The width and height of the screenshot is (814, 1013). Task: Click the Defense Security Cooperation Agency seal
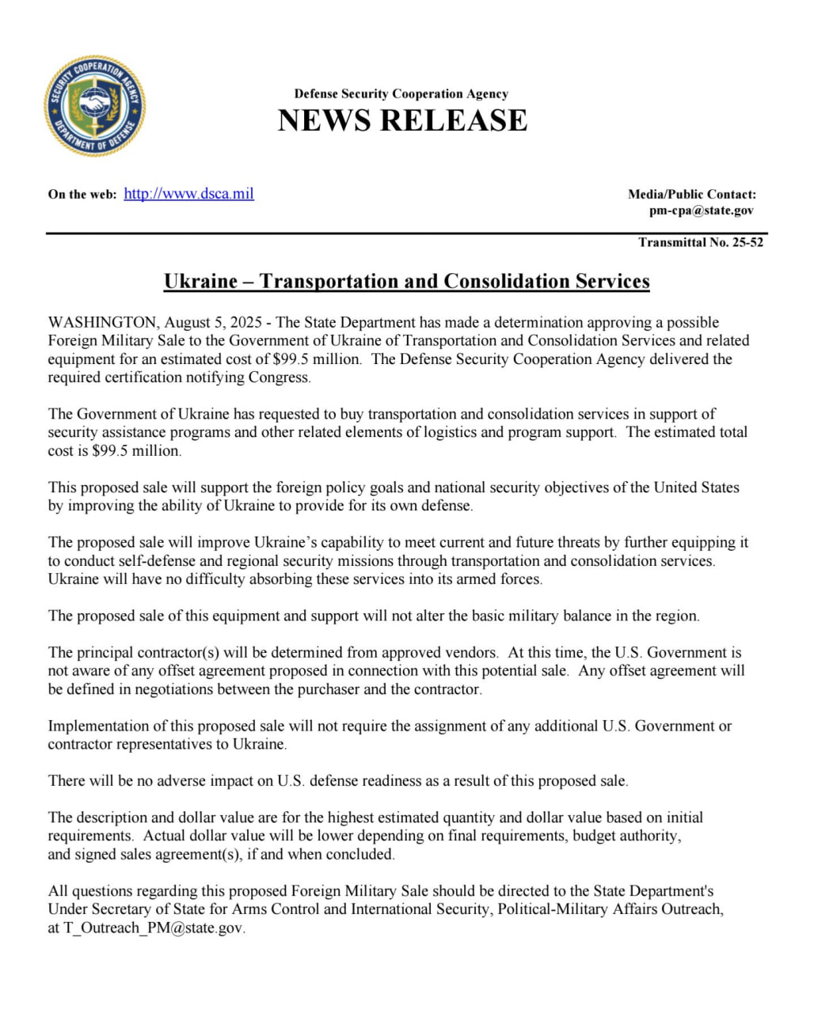95,106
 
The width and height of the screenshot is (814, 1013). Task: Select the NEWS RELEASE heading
402,120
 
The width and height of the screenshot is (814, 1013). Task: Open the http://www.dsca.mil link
188,194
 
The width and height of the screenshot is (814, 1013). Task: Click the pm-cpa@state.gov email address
702,211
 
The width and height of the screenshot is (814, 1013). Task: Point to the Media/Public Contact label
691,194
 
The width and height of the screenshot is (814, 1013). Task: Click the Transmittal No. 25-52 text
701,242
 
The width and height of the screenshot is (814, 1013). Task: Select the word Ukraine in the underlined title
200,282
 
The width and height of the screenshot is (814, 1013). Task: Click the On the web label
82,195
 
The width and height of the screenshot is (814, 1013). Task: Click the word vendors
469,653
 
